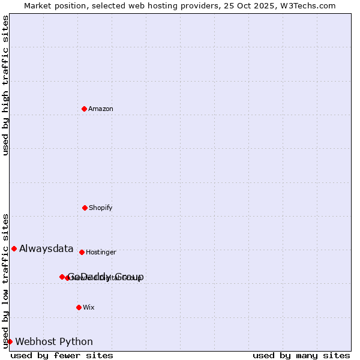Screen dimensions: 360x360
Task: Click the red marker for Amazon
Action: coord(84,109)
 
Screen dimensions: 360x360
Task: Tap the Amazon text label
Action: coord(101,109)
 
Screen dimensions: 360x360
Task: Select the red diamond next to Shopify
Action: coord(85,208)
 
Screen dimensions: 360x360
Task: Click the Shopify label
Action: coord(101,208)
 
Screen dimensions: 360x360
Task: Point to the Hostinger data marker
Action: coord(82,252)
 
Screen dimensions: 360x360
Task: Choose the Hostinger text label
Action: coord(101,253)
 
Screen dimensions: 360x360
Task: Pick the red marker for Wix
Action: coord(79,307)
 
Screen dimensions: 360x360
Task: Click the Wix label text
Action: coord(89,308)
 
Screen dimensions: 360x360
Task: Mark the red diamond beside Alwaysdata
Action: coord(14,248)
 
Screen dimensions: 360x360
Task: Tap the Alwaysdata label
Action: coord(46,249)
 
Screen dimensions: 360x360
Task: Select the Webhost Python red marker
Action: coord(10,341)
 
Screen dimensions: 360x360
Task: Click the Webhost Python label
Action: coord(54,342)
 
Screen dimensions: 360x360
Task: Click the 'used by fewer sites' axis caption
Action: coord(62,355)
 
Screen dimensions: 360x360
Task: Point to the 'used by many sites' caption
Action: coord(301,355)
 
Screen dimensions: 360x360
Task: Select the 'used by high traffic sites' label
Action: coord(5,85)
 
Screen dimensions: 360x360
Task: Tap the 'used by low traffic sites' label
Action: coord(5,281)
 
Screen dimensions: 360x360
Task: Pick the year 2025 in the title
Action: coord(268,6)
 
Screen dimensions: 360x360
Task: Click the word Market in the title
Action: coord(38,6)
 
